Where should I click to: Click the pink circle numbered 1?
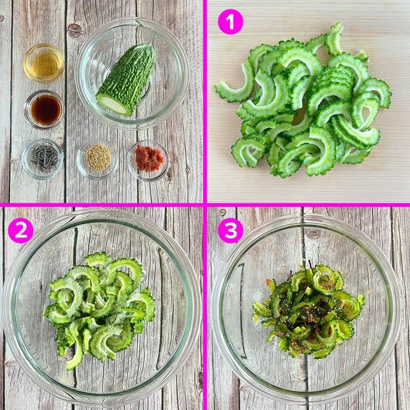[231, 22]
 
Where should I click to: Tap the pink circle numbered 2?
[20, 230]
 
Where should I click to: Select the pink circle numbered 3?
[231, 230]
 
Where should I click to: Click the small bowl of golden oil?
[44, 63]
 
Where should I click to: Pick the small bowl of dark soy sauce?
[45, 110]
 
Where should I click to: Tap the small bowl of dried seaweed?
[43, 159]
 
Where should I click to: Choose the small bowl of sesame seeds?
[97, 159]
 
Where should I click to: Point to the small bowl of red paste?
[148, 160]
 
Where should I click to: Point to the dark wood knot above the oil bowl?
[75, 31]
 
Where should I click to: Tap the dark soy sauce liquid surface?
[46, 110]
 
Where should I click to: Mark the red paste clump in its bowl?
[150, 159]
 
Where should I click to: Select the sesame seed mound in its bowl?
[98, 157]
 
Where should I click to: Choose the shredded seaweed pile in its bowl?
[45, 157]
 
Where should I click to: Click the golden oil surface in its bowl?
[44, 63]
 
